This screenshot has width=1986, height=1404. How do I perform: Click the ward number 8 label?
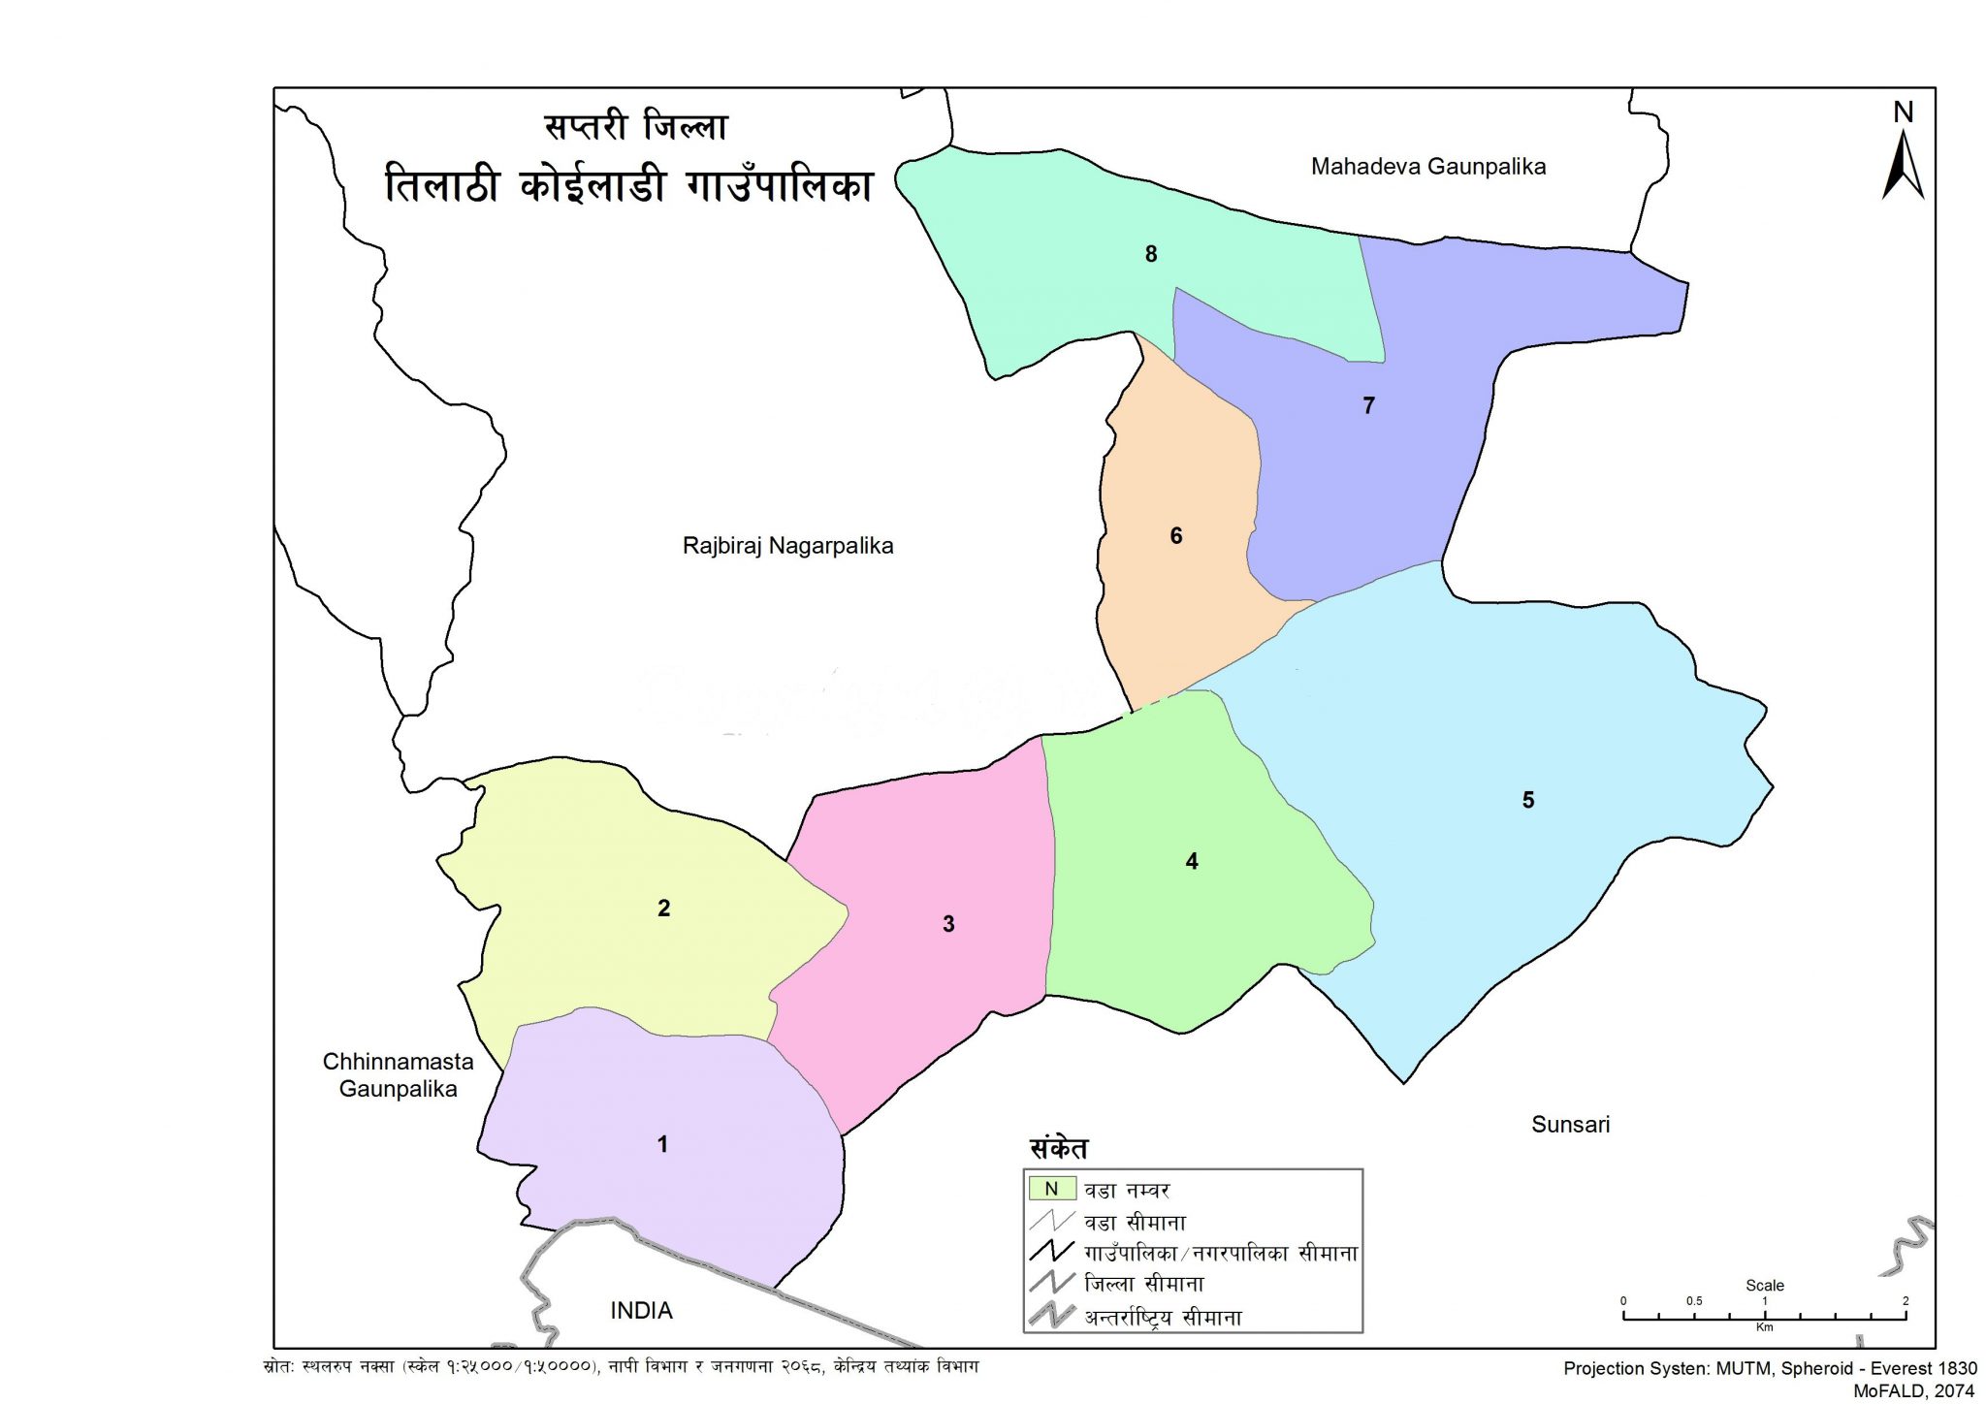pyautogui.click(x=1151, y=254)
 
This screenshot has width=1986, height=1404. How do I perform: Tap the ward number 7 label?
pyautogui.click(x=1368, y=405)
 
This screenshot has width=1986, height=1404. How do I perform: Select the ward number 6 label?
pyautogui.click(x=1176, y=535)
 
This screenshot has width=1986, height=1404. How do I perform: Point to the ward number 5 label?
pyautogui.click(x=1528, y=800)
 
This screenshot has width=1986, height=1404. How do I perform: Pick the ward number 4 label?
pyautogui.click(x=1192, y=861)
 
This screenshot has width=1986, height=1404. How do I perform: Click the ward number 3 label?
pyautogui.click(x=948, y=924)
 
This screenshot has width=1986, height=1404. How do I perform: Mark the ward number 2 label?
pyautogui.click(x=663, y=908)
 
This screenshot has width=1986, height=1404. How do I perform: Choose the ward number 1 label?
pyautogui.click(x=662, y=1144)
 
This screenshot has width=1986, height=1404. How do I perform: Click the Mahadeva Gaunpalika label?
pyautogui.click(x=1427, y=167)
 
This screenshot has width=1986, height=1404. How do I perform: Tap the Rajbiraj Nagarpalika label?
pyautogui.click(x=787, y=546)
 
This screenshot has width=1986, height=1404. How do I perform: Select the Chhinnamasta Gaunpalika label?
pyautogui.click(x=398, y=1075)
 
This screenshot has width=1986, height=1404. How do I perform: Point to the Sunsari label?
pyautogui.click(x=1570, y=1125)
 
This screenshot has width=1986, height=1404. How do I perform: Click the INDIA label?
pyautogui.click(x=641, y=1311)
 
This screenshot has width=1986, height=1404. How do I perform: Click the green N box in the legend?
pyautogui.click(x=1050, y=1189)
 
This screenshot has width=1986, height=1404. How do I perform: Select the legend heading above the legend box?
pyautogui.click(x=1058, y=1149)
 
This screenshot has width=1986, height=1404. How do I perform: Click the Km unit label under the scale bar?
pyautogui.click(x=1764, y=1327)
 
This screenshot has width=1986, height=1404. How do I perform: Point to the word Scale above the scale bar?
pyautogui.click(x=1765, y=1286)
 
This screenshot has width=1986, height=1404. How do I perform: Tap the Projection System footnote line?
pyautogui.click(x=1770, y=1368)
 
